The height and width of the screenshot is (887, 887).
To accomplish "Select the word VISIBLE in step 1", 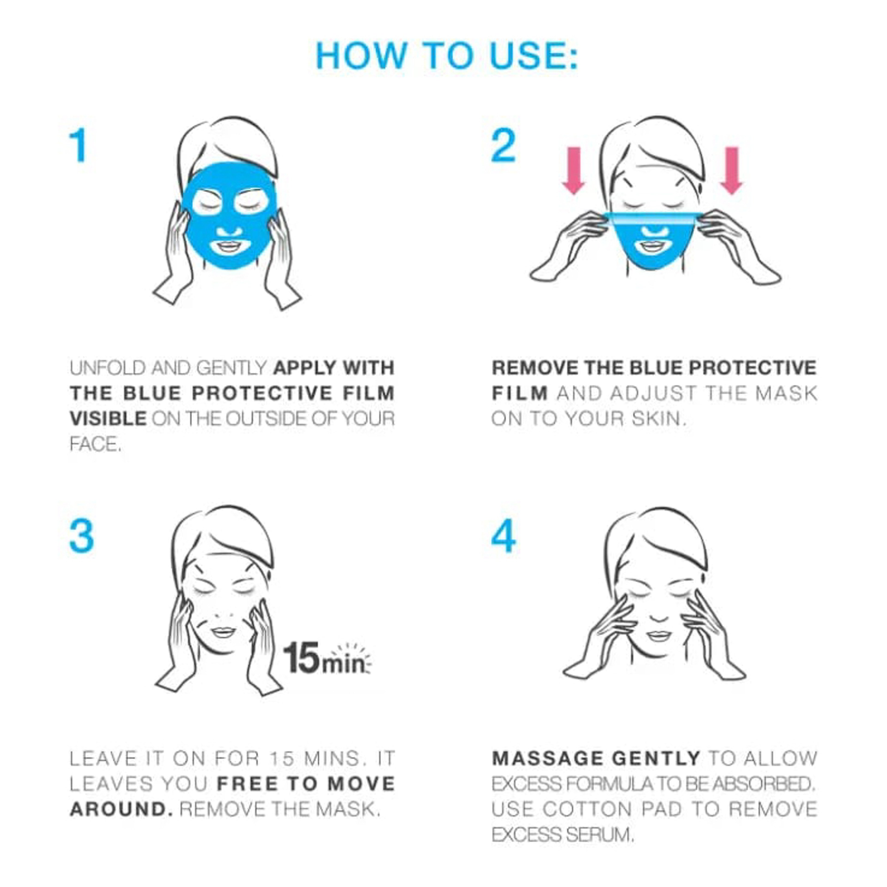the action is [108, 419].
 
